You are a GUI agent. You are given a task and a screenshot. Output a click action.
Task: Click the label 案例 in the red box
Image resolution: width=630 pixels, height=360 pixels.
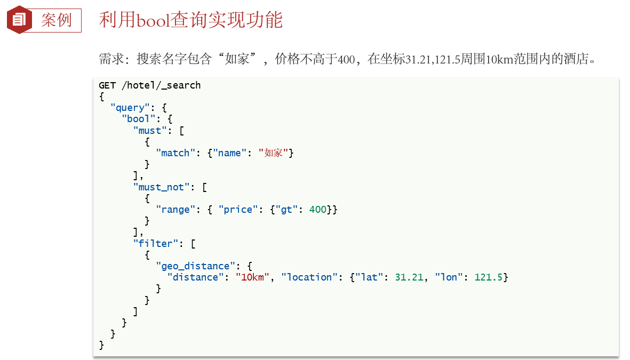tap(56, 20)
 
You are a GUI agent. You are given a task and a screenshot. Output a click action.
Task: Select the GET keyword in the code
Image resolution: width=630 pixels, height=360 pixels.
tap(107, 85)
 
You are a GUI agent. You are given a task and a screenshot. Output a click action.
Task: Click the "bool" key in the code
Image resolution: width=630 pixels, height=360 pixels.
tap(139, 119)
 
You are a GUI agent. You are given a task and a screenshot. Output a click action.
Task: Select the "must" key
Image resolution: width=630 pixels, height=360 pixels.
tap(150, 131)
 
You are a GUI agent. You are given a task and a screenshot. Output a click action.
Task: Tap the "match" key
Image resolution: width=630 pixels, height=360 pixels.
tap(176, 153)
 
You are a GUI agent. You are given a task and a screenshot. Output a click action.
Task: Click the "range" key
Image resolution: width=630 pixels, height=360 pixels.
tap(176, 210)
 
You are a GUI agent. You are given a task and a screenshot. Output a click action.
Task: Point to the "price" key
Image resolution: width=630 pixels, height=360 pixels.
tap(238, 210)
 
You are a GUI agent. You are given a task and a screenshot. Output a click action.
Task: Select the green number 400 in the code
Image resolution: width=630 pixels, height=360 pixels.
tap(317, 210)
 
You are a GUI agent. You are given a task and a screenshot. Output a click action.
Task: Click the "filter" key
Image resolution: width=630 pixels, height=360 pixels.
tap(155, 244)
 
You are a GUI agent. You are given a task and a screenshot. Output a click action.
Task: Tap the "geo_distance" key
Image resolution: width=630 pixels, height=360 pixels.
tap(195, 266)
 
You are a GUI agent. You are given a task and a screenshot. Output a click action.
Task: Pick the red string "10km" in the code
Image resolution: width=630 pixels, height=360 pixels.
tap(252, 277)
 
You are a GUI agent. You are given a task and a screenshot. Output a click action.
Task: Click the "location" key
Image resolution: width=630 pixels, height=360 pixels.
tap(309, 277)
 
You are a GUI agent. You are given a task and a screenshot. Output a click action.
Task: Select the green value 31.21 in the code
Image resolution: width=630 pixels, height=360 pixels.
tap(409, 277)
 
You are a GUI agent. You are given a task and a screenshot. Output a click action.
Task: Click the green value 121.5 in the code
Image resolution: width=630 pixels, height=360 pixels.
tap(488, 277)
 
